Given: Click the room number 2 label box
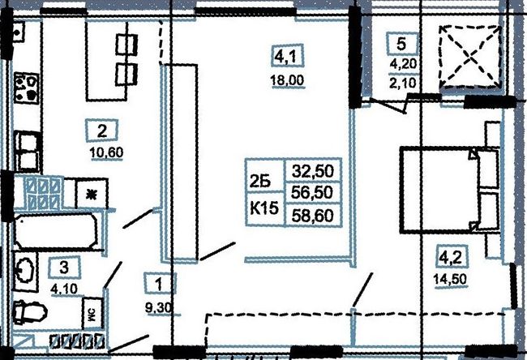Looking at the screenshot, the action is [102, 131].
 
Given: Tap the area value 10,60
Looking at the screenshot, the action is [106, 153].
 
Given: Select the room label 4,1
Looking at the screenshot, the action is [287, 55].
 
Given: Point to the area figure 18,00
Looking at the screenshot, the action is [287, 80].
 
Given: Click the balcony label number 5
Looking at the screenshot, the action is [402, 44].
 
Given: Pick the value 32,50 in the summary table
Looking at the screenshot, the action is [313, 171].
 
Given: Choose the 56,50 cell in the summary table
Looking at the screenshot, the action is [313, 192].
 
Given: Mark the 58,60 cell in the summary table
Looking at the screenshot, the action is [313, 215].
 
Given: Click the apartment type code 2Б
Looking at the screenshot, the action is [260, 182].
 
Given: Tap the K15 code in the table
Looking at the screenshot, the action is [264, 209].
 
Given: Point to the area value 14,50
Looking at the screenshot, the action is [451, 280].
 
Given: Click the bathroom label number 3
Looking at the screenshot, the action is [64, 268].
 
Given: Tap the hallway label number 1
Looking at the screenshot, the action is [159, 285].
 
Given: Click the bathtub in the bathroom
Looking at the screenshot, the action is [56, 230].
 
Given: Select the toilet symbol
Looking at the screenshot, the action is [29, 312].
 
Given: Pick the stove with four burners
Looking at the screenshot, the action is [26, 88].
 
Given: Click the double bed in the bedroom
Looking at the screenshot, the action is [449, 190].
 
